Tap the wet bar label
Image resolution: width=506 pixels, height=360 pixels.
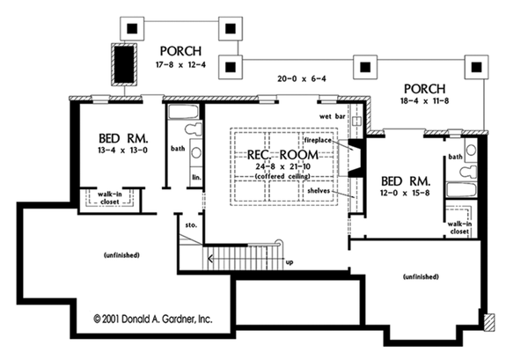tap(329, 116)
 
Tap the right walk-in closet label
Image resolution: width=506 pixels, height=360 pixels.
tap(458, 227)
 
